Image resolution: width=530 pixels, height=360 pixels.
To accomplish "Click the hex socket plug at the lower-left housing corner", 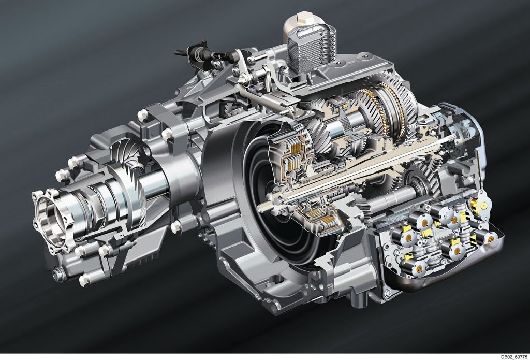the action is pos(59,274).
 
